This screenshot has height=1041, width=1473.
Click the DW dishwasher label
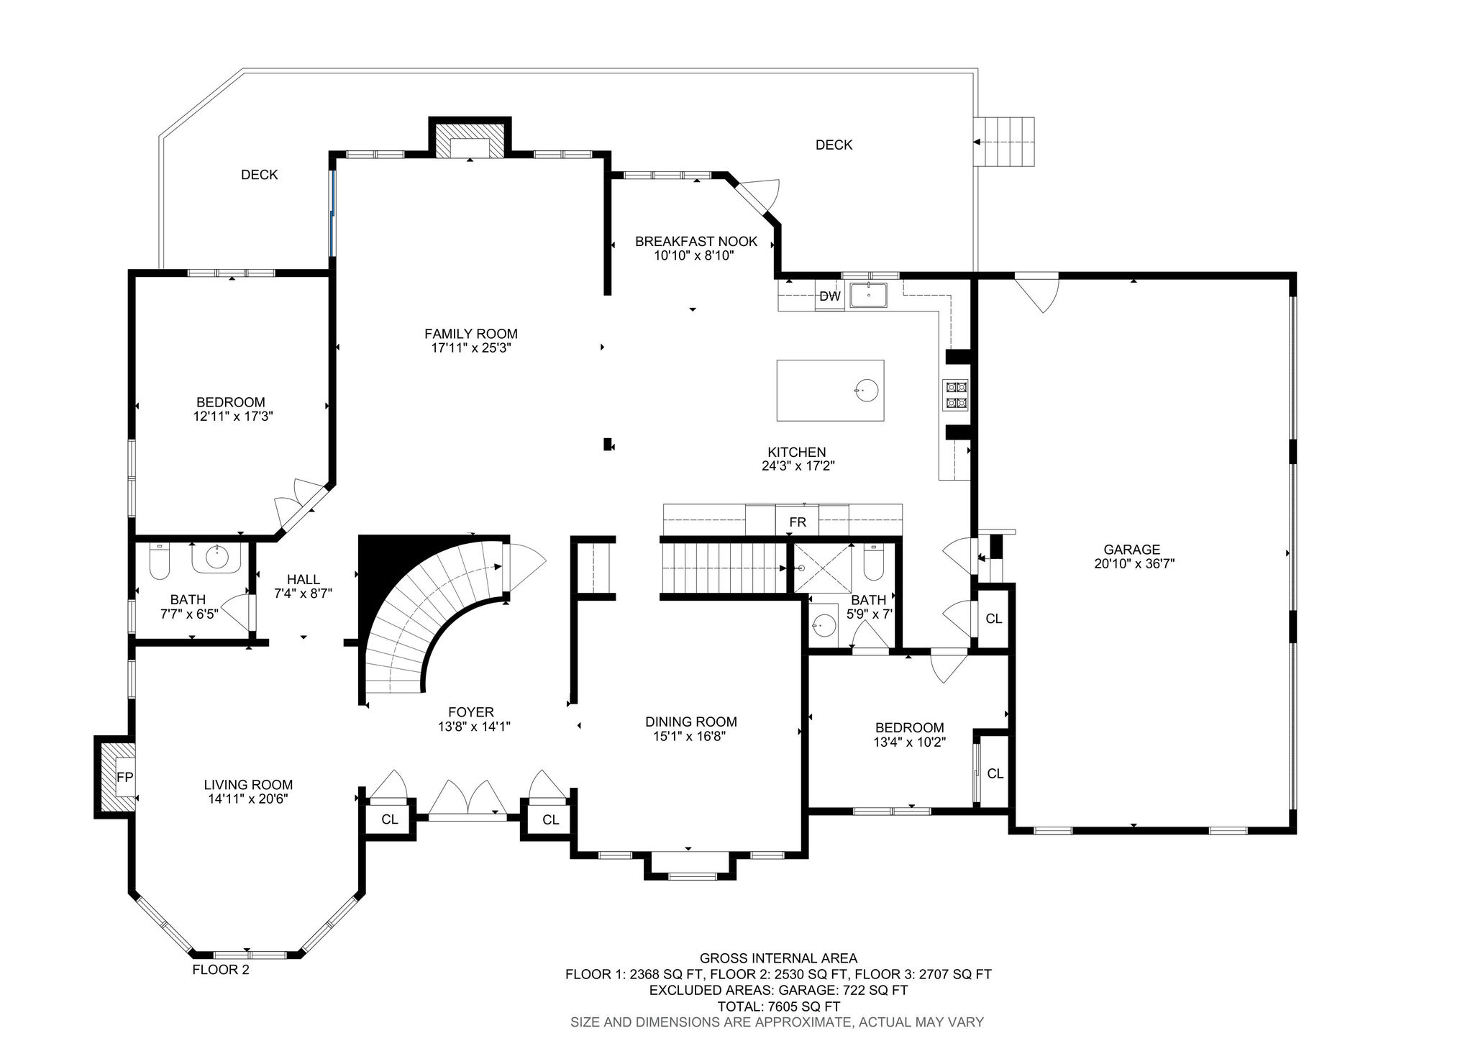[x=829, y=296]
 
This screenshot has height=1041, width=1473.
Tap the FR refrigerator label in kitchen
[x=797, y=522]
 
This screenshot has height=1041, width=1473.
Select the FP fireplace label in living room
[x=125, y=777]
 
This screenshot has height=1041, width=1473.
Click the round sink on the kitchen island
[x=866, y=390]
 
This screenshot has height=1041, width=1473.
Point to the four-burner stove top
[x=956, y=395]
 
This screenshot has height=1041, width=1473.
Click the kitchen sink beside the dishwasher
[x=869, y=295]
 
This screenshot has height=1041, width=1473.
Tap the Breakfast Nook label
[x=696, y=241]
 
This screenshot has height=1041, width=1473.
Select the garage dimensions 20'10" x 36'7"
[x=1134, y=564]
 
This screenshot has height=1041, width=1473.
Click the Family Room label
[x=471, y=334]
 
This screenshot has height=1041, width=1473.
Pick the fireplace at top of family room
[x=470, y=140]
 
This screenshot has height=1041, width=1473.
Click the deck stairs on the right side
[x=1005, y=142]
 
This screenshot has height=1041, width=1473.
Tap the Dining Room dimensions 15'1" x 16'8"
[x=690, y=736]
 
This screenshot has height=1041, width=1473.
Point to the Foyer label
[x=471, y=713]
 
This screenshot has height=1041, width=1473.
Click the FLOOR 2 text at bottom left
[x=221, y=970]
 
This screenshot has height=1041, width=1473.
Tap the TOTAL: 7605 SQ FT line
[x=779, y=1006]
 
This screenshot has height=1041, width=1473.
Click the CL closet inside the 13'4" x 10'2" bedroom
[x=995, y=773]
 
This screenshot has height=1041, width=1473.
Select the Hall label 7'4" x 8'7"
[x=304, y=586]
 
